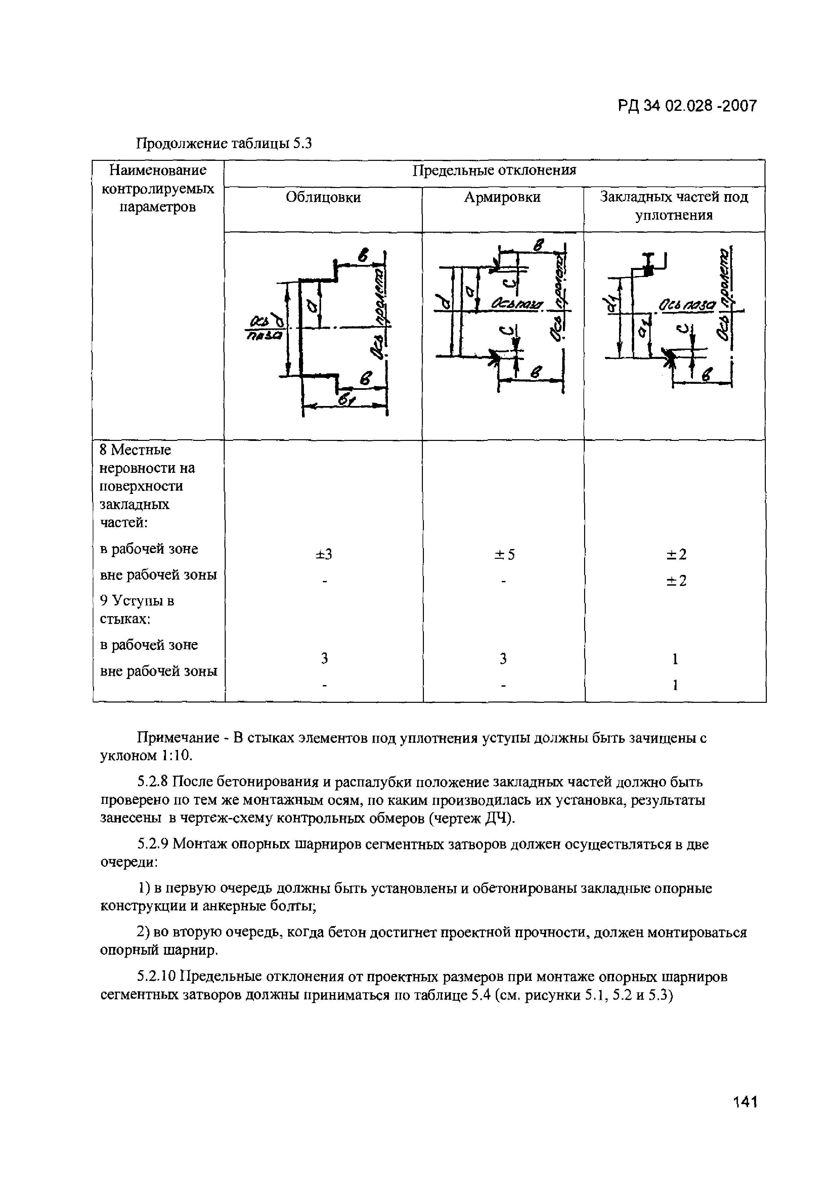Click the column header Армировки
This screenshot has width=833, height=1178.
point(502,197)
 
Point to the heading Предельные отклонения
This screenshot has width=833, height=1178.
point(494,170)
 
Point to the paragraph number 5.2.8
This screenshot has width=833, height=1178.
point(153,782)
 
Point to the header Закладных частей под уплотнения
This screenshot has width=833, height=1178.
point(674,206)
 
